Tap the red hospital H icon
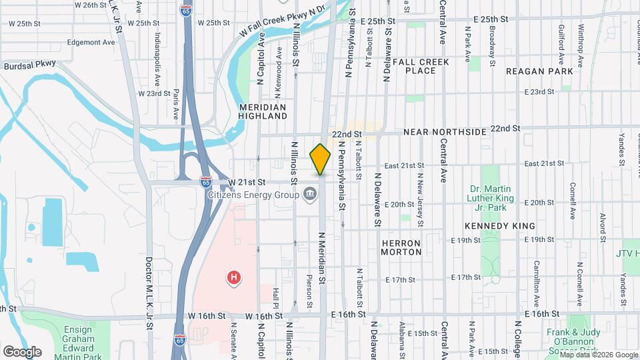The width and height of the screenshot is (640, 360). (233, 277)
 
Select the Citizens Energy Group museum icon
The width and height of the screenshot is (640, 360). (311, 195)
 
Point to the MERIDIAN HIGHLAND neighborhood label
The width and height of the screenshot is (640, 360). (262, 111)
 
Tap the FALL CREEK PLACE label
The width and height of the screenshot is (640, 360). (421, 66)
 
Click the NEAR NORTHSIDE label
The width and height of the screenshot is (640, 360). (445, 132)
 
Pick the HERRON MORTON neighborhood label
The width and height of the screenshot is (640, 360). (401, 247)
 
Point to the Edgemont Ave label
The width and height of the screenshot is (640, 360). (91, 42)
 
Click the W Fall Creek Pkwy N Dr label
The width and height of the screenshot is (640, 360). (283, 22)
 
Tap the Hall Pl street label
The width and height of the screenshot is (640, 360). (275, 301)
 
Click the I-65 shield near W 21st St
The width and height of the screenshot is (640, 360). (206, 181)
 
